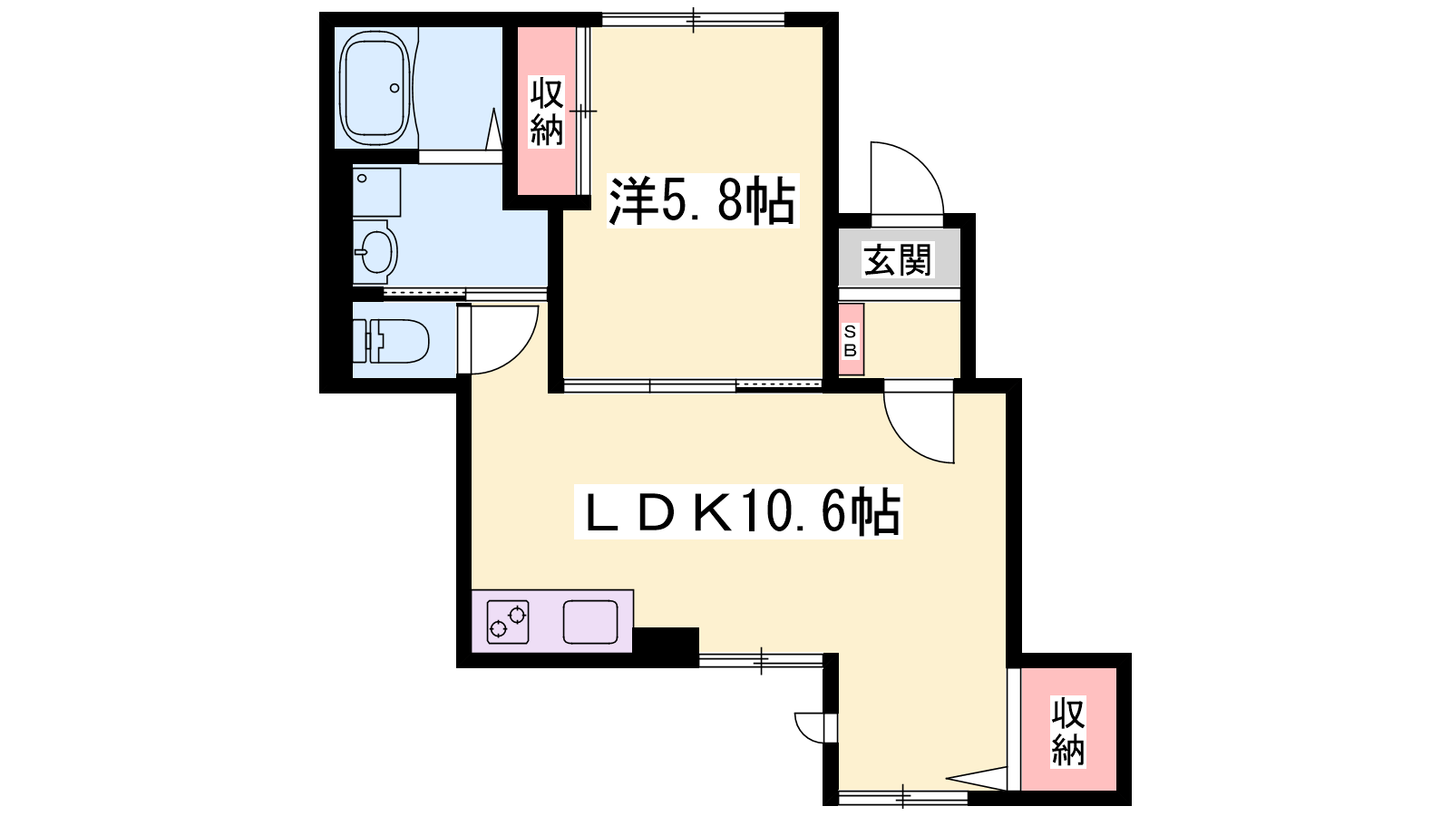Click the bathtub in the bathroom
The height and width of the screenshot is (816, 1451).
[375, 88]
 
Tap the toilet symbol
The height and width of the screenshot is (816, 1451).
[391, 341]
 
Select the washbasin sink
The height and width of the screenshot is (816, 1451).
[375, 251]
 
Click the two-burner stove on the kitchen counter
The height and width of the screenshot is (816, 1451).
[508, 622]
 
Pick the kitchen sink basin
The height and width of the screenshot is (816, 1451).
[590, 622]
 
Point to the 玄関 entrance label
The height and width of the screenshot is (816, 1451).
[898, 259]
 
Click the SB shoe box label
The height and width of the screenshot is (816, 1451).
[850, 341]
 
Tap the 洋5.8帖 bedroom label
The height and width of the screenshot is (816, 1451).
[703, 200]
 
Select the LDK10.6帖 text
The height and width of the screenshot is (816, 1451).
[738, 511]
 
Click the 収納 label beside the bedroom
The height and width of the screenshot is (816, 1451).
[547, 112]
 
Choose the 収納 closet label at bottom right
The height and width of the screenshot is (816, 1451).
[1067, 732]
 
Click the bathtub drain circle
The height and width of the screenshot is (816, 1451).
[394, 88]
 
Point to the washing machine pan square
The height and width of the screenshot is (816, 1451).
[376, 192]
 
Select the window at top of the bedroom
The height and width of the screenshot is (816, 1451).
[693, 19]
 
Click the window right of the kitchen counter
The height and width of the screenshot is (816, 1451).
[761, 661]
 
